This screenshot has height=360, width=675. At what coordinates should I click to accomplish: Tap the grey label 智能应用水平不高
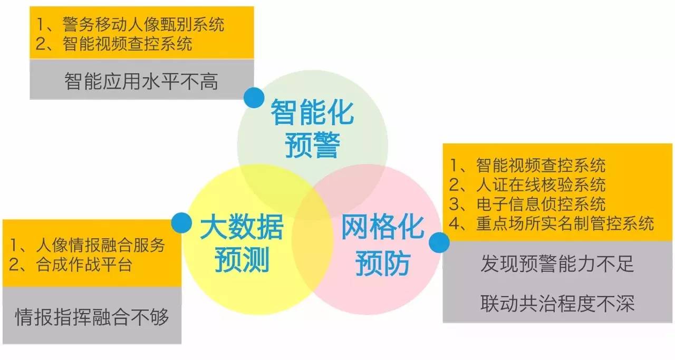click(x=141, y=82)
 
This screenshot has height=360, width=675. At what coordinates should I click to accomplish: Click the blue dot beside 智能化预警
click(x=254, y=98)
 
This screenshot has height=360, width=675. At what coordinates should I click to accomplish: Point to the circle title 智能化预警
click(x=312, y=129)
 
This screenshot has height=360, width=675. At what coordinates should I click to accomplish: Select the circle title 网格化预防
click(x=382, y=245)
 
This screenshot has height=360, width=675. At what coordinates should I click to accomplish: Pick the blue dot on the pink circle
click(x=439, y=243)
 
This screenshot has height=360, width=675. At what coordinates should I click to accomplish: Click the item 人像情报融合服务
click(x=100, y=245)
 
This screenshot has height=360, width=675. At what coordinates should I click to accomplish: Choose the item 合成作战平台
click(x=84, y=264)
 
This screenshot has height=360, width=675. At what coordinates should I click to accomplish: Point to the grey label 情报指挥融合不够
click(x=92, y=317)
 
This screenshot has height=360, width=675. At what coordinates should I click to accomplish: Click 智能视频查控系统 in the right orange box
click(x=541, y=166)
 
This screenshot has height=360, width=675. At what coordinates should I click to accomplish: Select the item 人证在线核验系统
click(x=541, y=184)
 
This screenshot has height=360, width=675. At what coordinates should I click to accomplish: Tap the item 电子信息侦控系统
click(x=541, y=203)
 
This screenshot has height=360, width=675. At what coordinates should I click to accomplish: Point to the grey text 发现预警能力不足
click(x=557, y=264)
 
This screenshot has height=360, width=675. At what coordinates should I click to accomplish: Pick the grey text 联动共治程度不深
click(x=557, y=303)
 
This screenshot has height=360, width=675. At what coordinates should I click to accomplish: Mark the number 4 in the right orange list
click(x=455, y=223)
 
